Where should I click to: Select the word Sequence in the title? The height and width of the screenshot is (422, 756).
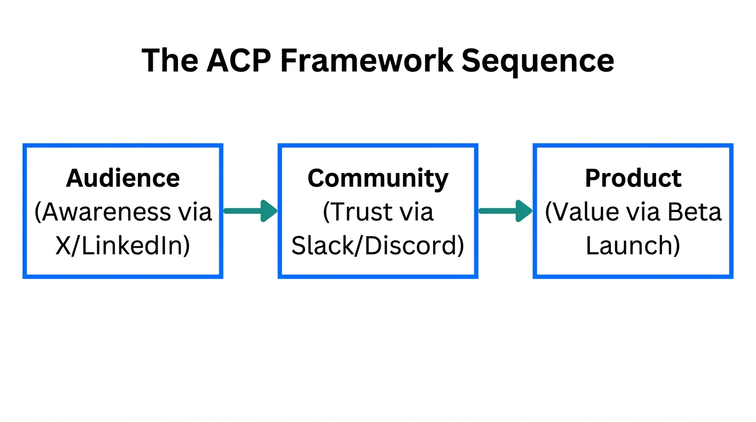(537, 61)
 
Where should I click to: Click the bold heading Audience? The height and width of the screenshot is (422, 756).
(123, 178)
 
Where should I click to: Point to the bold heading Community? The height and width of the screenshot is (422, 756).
(377, 178)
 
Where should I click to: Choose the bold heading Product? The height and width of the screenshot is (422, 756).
(633, 178)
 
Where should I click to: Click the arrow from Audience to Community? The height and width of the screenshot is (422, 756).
(250, 211)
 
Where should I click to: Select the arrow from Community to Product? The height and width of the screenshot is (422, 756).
(505, 211)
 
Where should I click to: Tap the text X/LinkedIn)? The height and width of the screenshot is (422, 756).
(123, 246)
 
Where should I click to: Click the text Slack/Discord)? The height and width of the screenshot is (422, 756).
(377, 246)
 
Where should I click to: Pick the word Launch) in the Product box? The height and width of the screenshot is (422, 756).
(633, 246)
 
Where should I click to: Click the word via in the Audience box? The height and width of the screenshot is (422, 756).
(196, 212)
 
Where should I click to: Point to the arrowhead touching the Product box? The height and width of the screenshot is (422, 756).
(524, 211)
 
